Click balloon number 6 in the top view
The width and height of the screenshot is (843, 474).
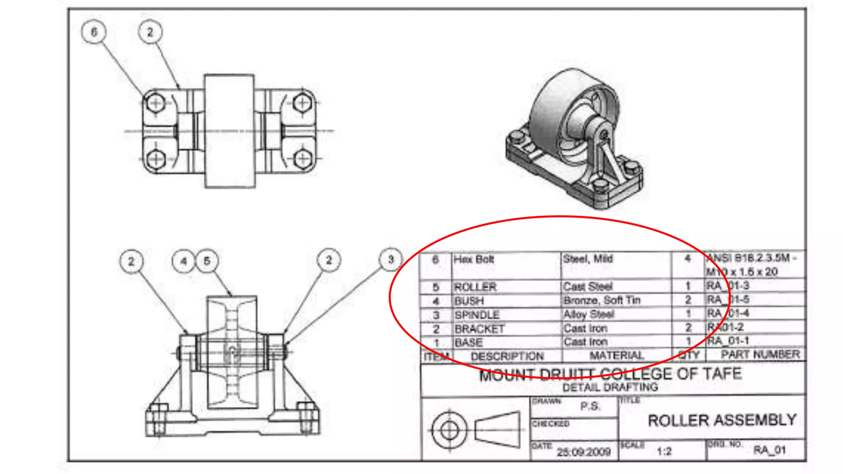pos(94,32)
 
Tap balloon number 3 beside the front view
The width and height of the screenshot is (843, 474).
pos(391,260)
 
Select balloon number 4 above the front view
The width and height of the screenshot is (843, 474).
pos(184,261)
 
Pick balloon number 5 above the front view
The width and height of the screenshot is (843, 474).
pos(207,261)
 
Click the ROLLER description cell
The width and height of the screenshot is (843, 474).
pos(475,287)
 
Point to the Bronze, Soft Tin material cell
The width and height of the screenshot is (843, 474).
pos(602,300)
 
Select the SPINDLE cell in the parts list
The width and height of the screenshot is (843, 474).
pos(477,315)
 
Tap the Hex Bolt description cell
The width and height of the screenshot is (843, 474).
pos(474,260)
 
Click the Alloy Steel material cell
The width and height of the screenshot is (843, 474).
pos(589,314)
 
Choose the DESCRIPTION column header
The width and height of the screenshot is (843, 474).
pos(507,356)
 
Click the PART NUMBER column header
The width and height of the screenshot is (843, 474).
pos(760,355)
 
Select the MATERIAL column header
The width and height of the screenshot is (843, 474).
pos(616,355)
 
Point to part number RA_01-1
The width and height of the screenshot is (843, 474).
pos(728,341)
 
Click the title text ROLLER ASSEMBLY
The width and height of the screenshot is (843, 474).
pos(722,420)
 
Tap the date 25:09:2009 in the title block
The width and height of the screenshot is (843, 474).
pos(583,452)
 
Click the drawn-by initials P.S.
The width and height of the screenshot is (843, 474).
pos(590,407)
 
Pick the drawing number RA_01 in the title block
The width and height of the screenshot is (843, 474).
pos(769,450)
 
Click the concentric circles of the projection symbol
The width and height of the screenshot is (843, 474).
pos(449,430)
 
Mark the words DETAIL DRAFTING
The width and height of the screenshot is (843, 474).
pos(610,387)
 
